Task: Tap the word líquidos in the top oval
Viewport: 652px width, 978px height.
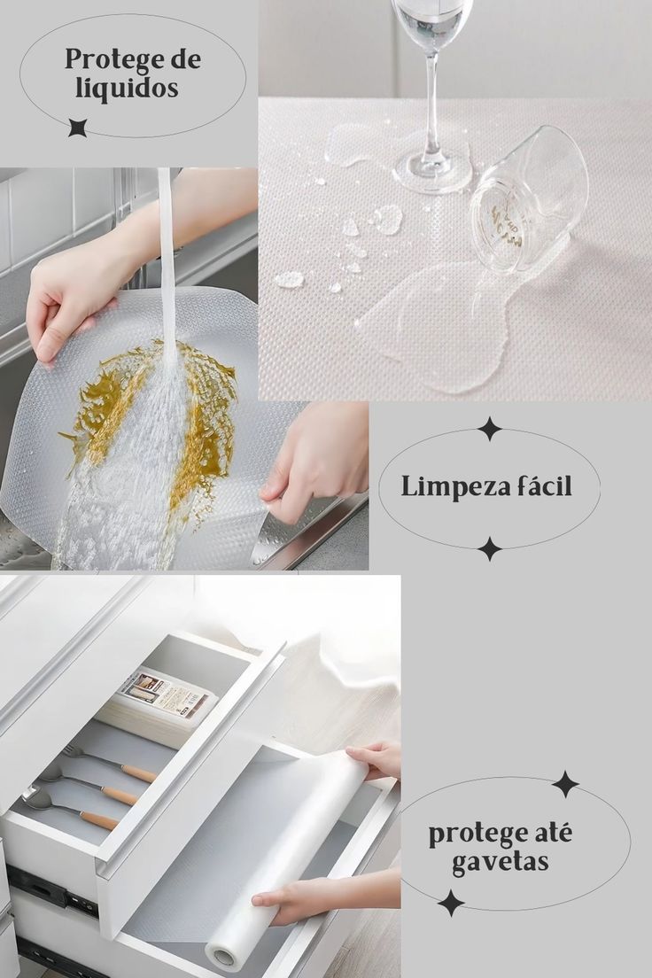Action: click(127, 88)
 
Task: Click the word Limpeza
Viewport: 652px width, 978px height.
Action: click(446, 486)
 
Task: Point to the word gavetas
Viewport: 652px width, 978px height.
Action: click(500, 862)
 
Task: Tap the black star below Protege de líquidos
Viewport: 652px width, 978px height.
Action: click(77, 128)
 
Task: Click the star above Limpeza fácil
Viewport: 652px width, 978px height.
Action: click(490, 429)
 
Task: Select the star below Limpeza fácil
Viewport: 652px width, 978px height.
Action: click(490, 549)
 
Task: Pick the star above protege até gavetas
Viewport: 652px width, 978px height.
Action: click(565, 784)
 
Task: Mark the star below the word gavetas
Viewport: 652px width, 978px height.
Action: click(451, 903)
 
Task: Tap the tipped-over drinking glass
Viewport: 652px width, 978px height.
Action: click(528, 199)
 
